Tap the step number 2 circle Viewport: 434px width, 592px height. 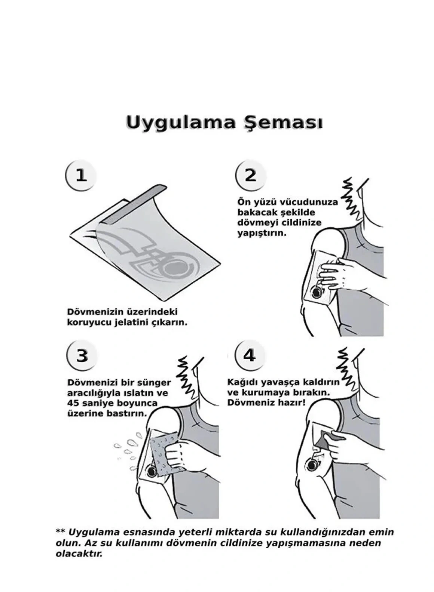250,175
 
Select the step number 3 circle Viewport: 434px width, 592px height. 82,355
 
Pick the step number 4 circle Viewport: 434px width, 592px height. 249,355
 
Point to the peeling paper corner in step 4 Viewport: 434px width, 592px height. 322,439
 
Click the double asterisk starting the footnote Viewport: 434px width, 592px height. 60,532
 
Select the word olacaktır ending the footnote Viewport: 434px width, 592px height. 79,554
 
